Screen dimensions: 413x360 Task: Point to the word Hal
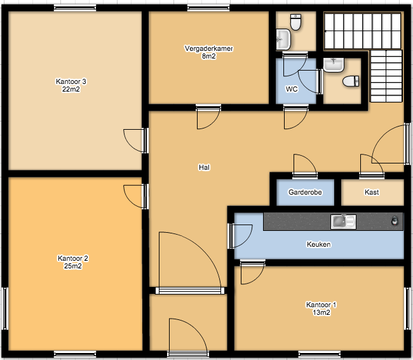click(204, 167)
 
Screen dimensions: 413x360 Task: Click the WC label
click(292, 89)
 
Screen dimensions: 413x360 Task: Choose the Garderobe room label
click(305, 192)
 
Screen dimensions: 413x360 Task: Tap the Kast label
click(372, 192)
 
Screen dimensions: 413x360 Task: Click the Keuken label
click(319, 244)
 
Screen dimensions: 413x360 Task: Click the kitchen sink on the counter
click(344, 221)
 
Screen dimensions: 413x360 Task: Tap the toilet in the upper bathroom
click(295, 22)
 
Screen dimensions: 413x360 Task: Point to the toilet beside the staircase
click(351, 81)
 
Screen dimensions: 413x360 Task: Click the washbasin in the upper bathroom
click(283, 39)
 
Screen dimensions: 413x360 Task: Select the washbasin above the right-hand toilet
click(334, 65)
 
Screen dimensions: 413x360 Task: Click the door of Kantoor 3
click(136, 141)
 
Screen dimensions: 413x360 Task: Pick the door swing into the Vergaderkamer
click(208, 117)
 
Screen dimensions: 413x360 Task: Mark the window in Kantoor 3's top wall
click(75, 8)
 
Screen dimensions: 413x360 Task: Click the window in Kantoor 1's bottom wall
click(319, 354)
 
